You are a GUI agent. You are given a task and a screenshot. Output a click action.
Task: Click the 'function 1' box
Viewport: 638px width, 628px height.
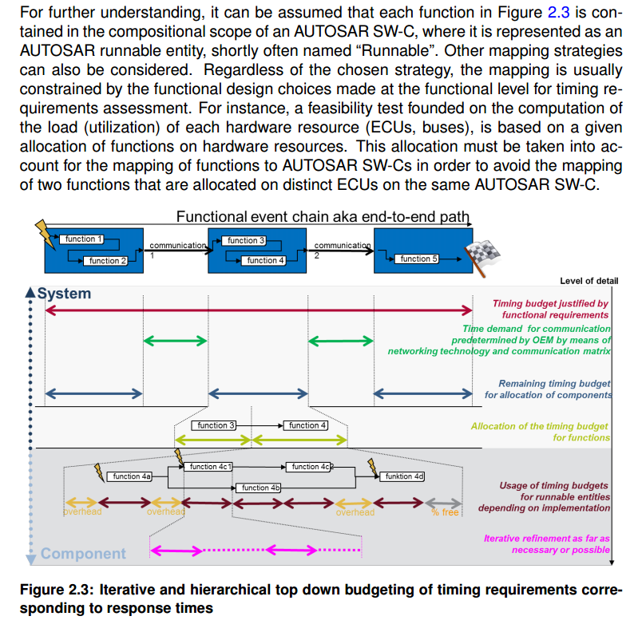tap(81, 239)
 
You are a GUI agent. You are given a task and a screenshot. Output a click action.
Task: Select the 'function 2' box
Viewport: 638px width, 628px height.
tap(105, 261)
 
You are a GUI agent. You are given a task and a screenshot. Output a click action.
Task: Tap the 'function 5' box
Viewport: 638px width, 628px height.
tap(416, 259)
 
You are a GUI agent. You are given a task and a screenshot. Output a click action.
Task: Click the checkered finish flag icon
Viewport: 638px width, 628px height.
tap(481, 258)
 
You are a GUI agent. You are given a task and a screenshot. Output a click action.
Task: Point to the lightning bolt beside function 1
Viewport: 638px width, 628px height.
tap(46, 234)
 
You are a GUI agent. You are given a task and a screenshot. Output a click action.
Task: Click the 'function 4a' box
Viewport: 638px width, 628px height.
tap(129, 476)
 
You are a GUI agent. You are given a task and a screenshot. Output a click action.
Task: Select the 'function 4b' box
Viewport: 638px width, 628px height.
tap(259, 488)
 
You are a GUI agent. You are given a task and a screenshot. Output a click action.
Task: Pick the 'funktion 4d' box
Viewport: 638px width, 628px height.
tap(402, 476)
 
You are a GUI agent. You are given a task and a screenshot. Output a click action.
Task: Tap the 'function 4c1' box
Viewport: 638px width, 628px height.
tap(208, 467)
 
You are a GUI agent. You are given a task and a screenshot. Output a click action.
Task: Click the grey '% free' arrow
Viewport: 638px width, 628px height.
tap(443, 504)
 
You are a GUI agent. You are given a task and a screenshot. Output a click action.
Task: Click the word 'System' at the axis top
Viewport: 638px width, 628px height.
tap(64, 294)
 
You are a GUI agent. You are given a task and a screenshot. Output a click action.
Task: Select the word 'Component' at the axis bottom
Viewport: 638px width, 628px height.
tap(83, 554)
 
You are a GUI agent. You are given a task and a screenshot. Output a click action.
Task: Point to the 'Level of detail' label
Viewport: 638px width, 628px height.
tap(588, 281)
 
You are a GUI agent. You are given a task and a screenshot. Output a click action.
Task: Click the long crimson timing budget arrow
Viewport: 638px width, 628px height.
tap(259, 310)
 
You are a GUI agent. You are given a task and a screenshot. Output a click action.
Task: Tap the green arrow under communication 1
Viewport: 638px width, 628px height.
tap(176, 341)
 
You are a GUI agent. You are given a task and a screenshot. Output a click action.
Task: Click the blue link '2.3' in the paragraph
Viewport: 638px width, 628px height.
tap(558, 12)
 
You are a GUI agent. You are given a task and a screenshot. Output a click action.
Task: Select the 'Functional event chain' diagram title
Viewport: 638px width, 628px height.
tap(323, 216)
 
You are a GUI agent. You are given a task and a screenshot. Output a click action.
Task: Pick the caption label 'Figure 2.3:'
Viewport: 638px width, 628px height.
tap(57, 590)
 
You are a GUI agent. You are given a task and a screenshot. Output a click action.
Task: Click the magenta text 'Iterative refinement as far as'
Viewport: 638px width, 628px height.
tap(546, 539)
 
